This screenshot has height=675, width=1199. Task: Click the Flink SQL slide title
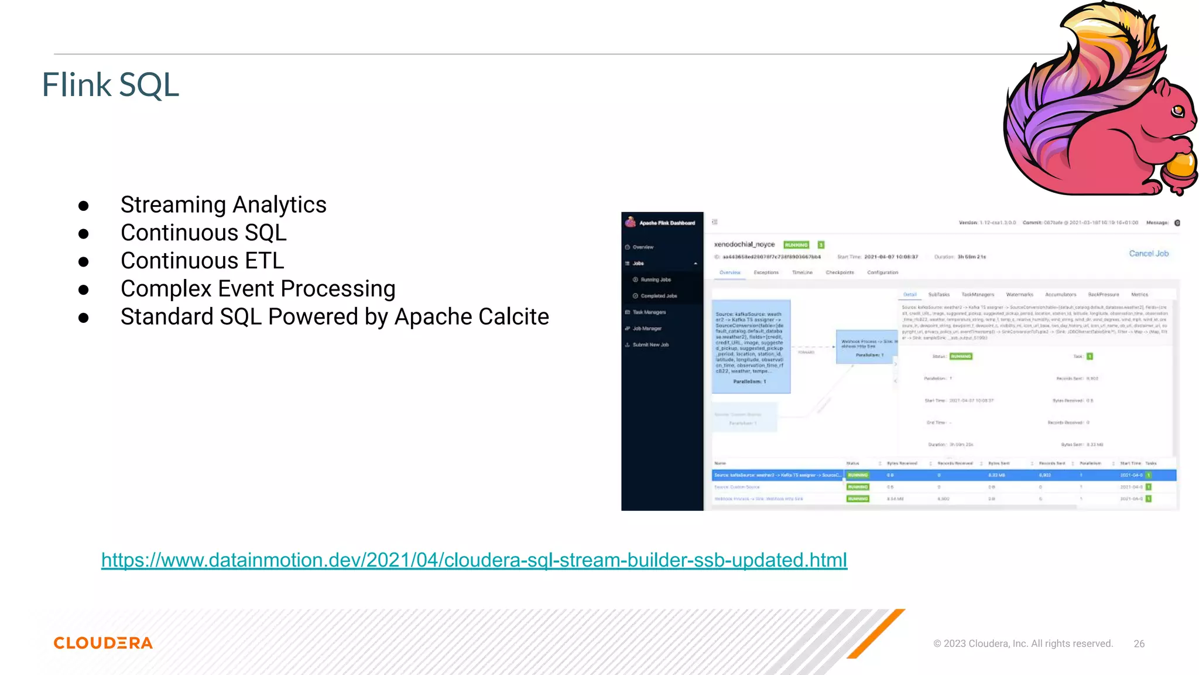point(110,85)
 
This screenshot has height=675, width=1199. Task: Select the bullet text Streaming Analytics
point(223,204)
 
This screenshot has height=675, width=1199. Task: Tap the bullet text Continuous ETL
point(202,261)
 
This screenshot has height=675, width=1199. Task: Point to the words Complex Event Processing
point(258,289)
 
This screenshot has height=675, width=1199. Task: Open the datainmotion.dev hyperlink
point(474,560)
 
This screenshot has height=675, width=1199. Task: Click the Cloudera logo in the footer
point(103,643)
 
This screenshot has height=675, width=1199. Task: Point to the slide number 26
point(1139,643)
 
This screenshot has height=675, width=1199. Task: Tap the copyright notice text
point(1023,643)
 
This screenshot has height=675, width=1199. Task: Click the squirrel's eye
point(1177,110)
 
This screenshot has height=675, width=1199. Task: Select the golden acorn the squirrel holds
point(1180,167)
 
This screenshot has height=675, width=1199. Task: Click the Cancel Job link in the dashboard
point(1149,254)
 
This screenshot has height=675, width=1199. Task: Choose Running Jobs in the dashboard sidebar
point(656,280)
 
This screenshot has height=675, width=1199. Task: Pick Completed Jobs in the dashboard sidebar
point(659,296)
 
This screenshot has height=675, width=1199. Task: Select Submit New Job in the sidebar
point(650,345)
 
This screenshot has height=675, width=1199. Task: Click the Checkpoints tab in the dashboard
point(840,272)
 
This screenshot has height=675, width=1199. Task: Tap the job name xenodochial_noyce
point(744,244)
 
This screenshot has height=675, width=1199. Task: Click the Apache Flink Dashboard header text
point(667,223)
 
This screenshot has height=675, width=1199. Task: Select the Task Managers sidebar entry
point(649,312)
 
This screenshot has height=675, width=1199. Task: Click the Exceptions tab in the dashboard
point(766,272)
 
